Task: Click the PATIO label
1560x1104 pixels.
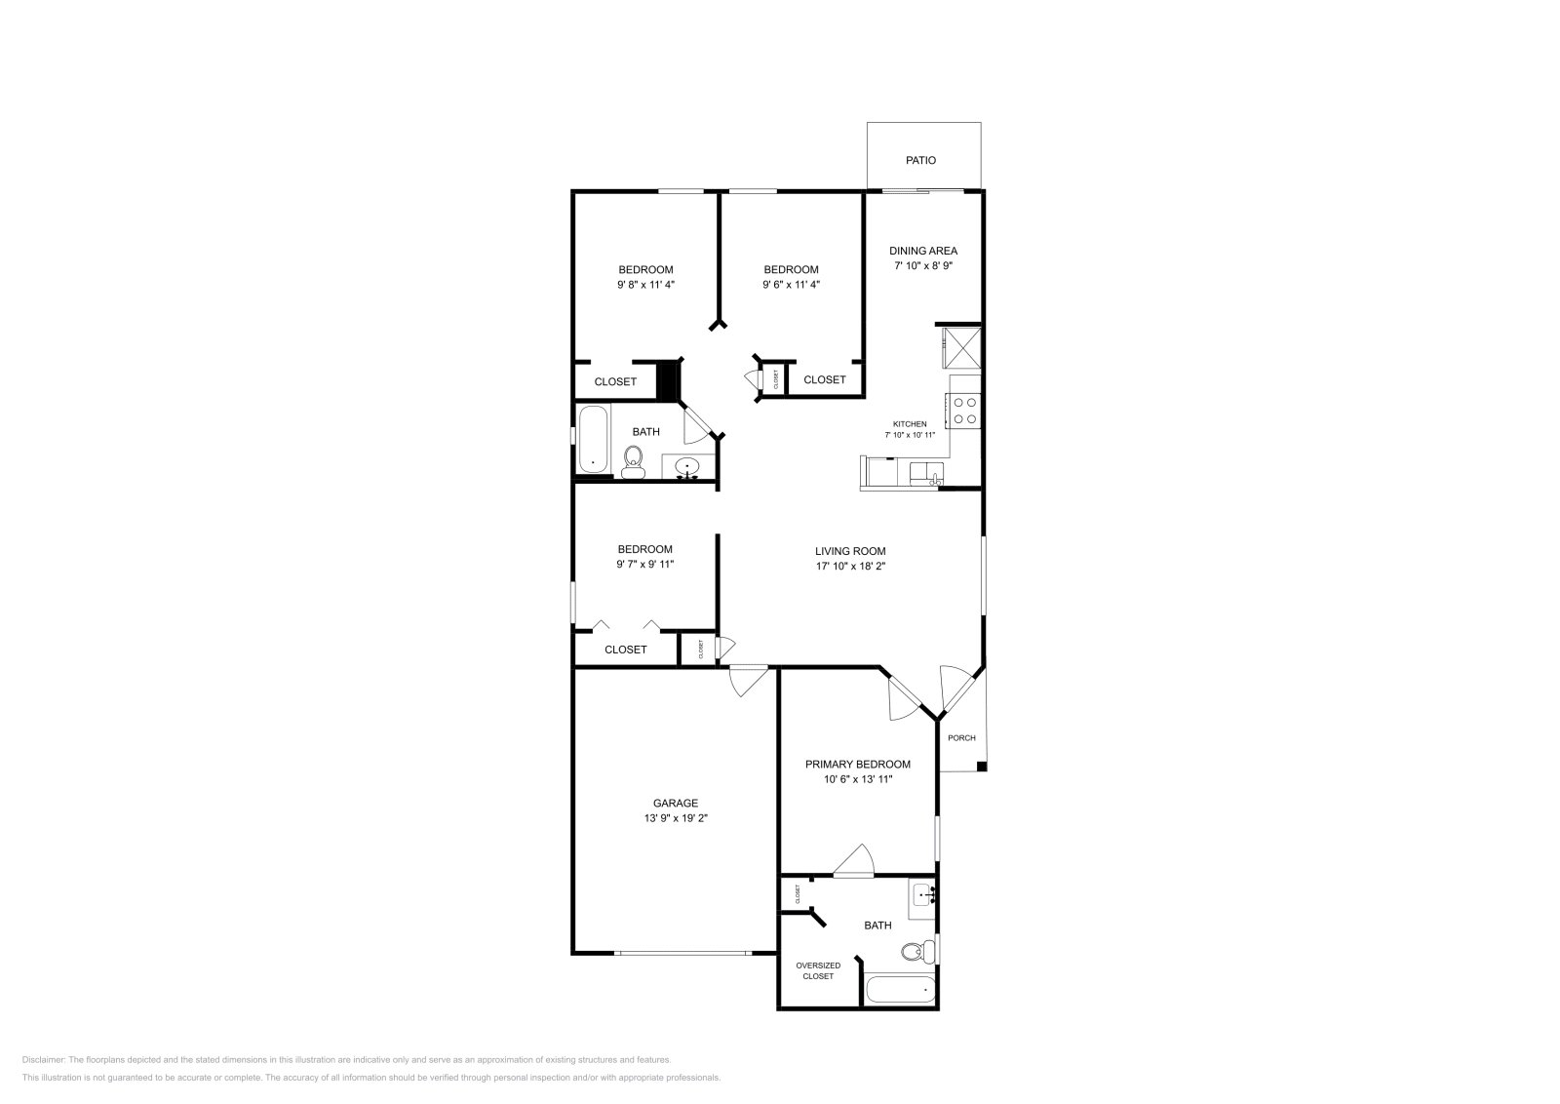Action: [920, 160]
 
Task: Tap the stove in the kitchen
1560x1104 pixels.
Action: [964, 410]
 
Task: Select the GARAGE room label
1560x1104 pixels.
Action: [676, 804]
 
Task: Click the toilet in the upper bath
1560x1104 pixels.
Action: [633, 460]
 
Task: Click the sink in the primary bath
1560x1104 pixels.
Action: [923, 894]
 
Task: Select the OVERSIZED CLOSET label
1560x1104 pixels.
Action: [818, 970]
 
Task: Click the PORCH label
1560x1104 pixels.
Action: [961, 738]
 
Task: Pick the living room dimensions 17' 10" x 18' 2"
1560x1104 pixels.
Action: [850, 566]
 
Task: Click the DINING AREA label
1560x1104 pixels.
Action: [922, 251]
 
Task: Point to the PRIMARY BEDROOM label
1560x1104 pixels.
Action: [857, 765]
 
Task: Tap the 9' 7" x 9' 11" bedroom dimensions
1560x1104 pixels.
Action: [644, 564]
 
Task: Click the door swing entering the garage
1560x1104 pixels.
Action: [748, 680]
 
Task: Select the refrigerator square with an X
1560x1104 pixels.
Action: [960, 348]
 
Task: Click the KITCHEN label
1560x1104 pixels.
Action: [910, 424]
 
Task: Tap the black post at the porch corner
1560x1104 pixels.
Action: [982, 767]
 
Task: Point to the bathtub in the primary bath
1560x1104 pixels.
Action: [900, 990]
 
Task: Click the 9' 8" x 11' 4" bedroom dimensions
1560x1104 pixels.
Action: [645, 285]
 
